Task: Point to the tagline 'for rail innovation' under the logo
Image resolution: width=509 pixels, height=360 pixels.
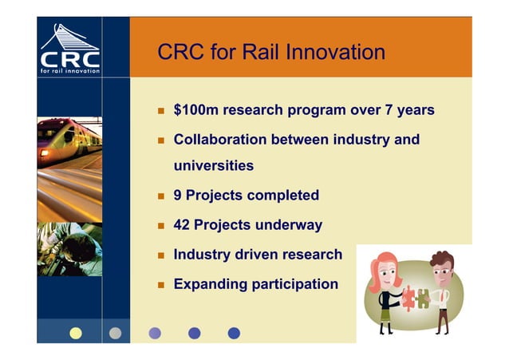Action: coord(70,71)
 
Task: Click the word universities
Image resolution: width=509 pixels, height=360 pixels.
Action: coord(214,166)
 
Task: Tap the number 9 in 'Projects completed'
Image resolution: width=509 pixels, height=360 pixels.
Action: coord(179,196)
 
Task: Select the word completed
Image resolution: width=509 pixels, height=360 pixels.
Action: coord(283,196)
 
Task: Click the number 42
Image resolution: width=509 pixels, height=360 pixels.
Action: coord(183,225)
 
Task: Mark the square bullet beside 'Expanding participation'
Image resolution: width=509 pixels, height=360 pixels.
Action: coord(160,285)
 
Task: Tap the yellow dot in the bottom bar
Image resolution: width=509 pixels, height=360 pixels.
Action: coord(76,333)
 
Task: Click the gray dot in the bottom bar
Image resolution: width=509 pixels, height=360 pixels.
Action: coord(115,333)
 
